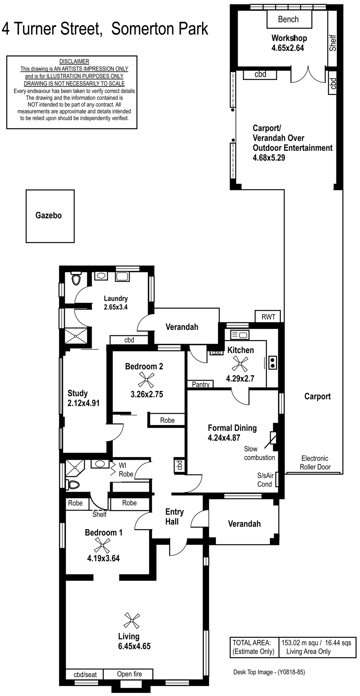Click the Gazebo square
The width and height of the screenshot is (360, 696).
tap(50, 216)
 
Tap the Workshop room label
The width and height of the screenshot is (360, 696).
tap(289, 38)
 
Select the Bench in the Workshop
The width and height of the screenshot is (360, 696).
tap(288, 19)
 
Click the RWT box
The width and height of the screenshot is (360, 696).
tap(268, 317)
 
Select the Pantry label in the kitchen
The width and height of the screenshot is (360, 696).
tap(201, 384)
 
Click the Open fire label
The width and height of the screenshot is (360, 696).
tap(130, 674)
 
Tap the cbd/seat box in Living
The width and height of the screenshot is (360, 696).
tap(85, 674)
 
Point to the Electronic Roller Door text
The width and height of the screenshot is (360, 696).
tap(315, 463)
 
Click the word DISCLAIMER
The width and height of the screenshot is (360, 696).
tap(74, 62)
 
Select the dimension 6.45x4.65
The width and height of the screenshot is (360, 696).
tap(129, 646)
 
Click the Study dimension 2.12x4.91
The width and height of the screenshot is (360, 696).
tap(84, 403)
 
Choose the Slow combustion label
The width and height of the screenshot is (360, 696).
tap(260, 453)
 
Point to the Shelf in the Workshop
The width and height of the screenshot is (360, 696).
tap(333, 43)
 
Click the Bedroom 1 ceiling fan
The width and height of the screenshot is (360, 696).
tap(102, 545)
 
